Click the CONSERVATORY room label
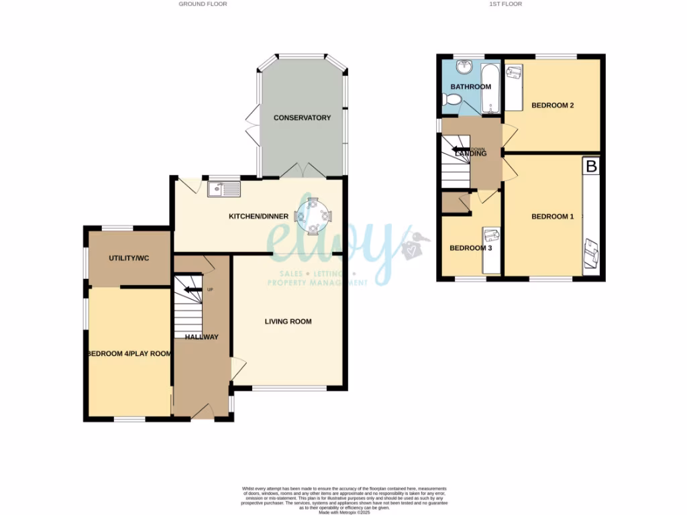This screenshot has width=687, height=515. [302, 118]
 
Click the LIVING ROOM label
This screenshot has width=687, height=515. [288, 322]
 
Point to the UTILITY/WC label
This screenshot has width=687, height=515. [128, 258]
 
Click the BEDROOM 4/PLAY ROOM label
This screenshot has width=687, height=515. [128, 354]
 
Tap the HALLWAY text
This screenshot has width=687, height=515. [202, 337]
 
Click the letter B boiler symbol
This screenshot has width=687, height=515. [591, 166]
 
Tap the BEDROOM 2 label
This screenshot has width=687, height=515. [553, 105]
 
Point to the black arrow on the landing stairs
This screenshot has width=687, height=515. [461, 150]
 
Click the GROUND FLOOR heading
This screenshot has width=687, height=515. [203, 4]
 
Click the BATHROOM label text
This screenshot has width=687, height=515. [470, 87]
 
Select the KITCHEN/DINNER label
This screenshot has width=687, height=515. [258, 217]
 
